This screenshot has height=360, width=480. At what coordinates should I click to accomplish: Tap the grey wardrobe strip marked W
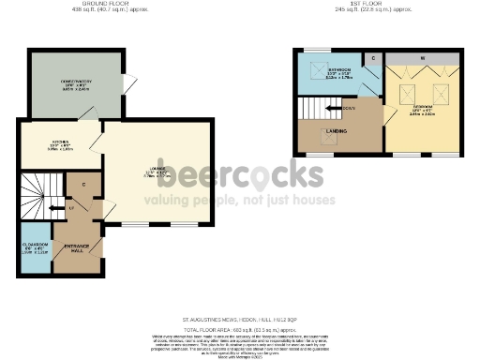[x=423, y=59]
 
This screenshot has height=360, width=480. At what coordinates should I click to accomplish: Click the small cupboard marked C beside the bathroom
[x=372, y=60]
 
